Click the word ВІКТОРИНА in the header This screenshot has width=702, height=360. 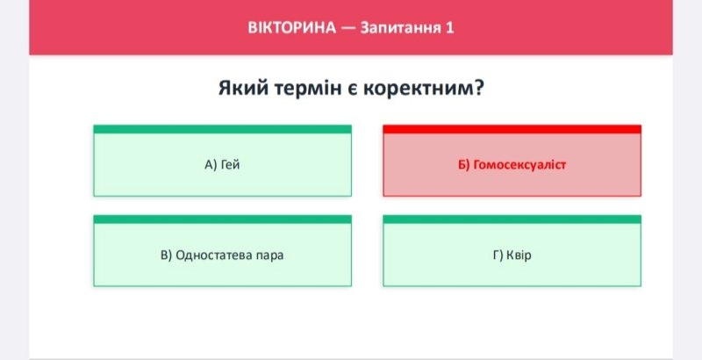[x=291, y=28]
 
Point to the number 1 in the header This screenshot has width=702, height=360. [x=449, y=28]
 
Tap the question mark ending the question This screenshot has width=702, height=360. [x=477, y=87]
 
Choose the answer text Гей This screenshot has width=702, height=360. [x=231, y=165]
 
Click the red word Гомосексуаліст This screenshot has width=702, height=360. [x=519, y=165]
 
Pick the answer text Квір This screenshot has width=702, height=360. [x=519, y=256]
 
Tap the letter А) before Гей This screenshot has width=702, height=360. [x=211, y=165]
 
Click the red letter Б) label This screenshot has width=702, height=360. [x=464, y=165]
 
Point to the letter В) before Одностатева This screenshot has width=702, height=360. [x=166, y=256]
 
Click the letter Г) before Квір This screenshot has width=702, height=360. [x=498, y=256]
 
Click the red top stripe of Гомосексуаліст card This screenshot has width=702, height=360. [x=512, y=129]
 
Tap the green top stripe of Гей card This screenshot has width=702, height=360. [x=223, y=129]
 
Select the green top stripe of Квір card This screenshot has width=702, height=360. [x=512, y=220]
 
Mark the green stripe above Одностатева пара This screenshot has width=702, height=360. [x=223, y=220]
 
